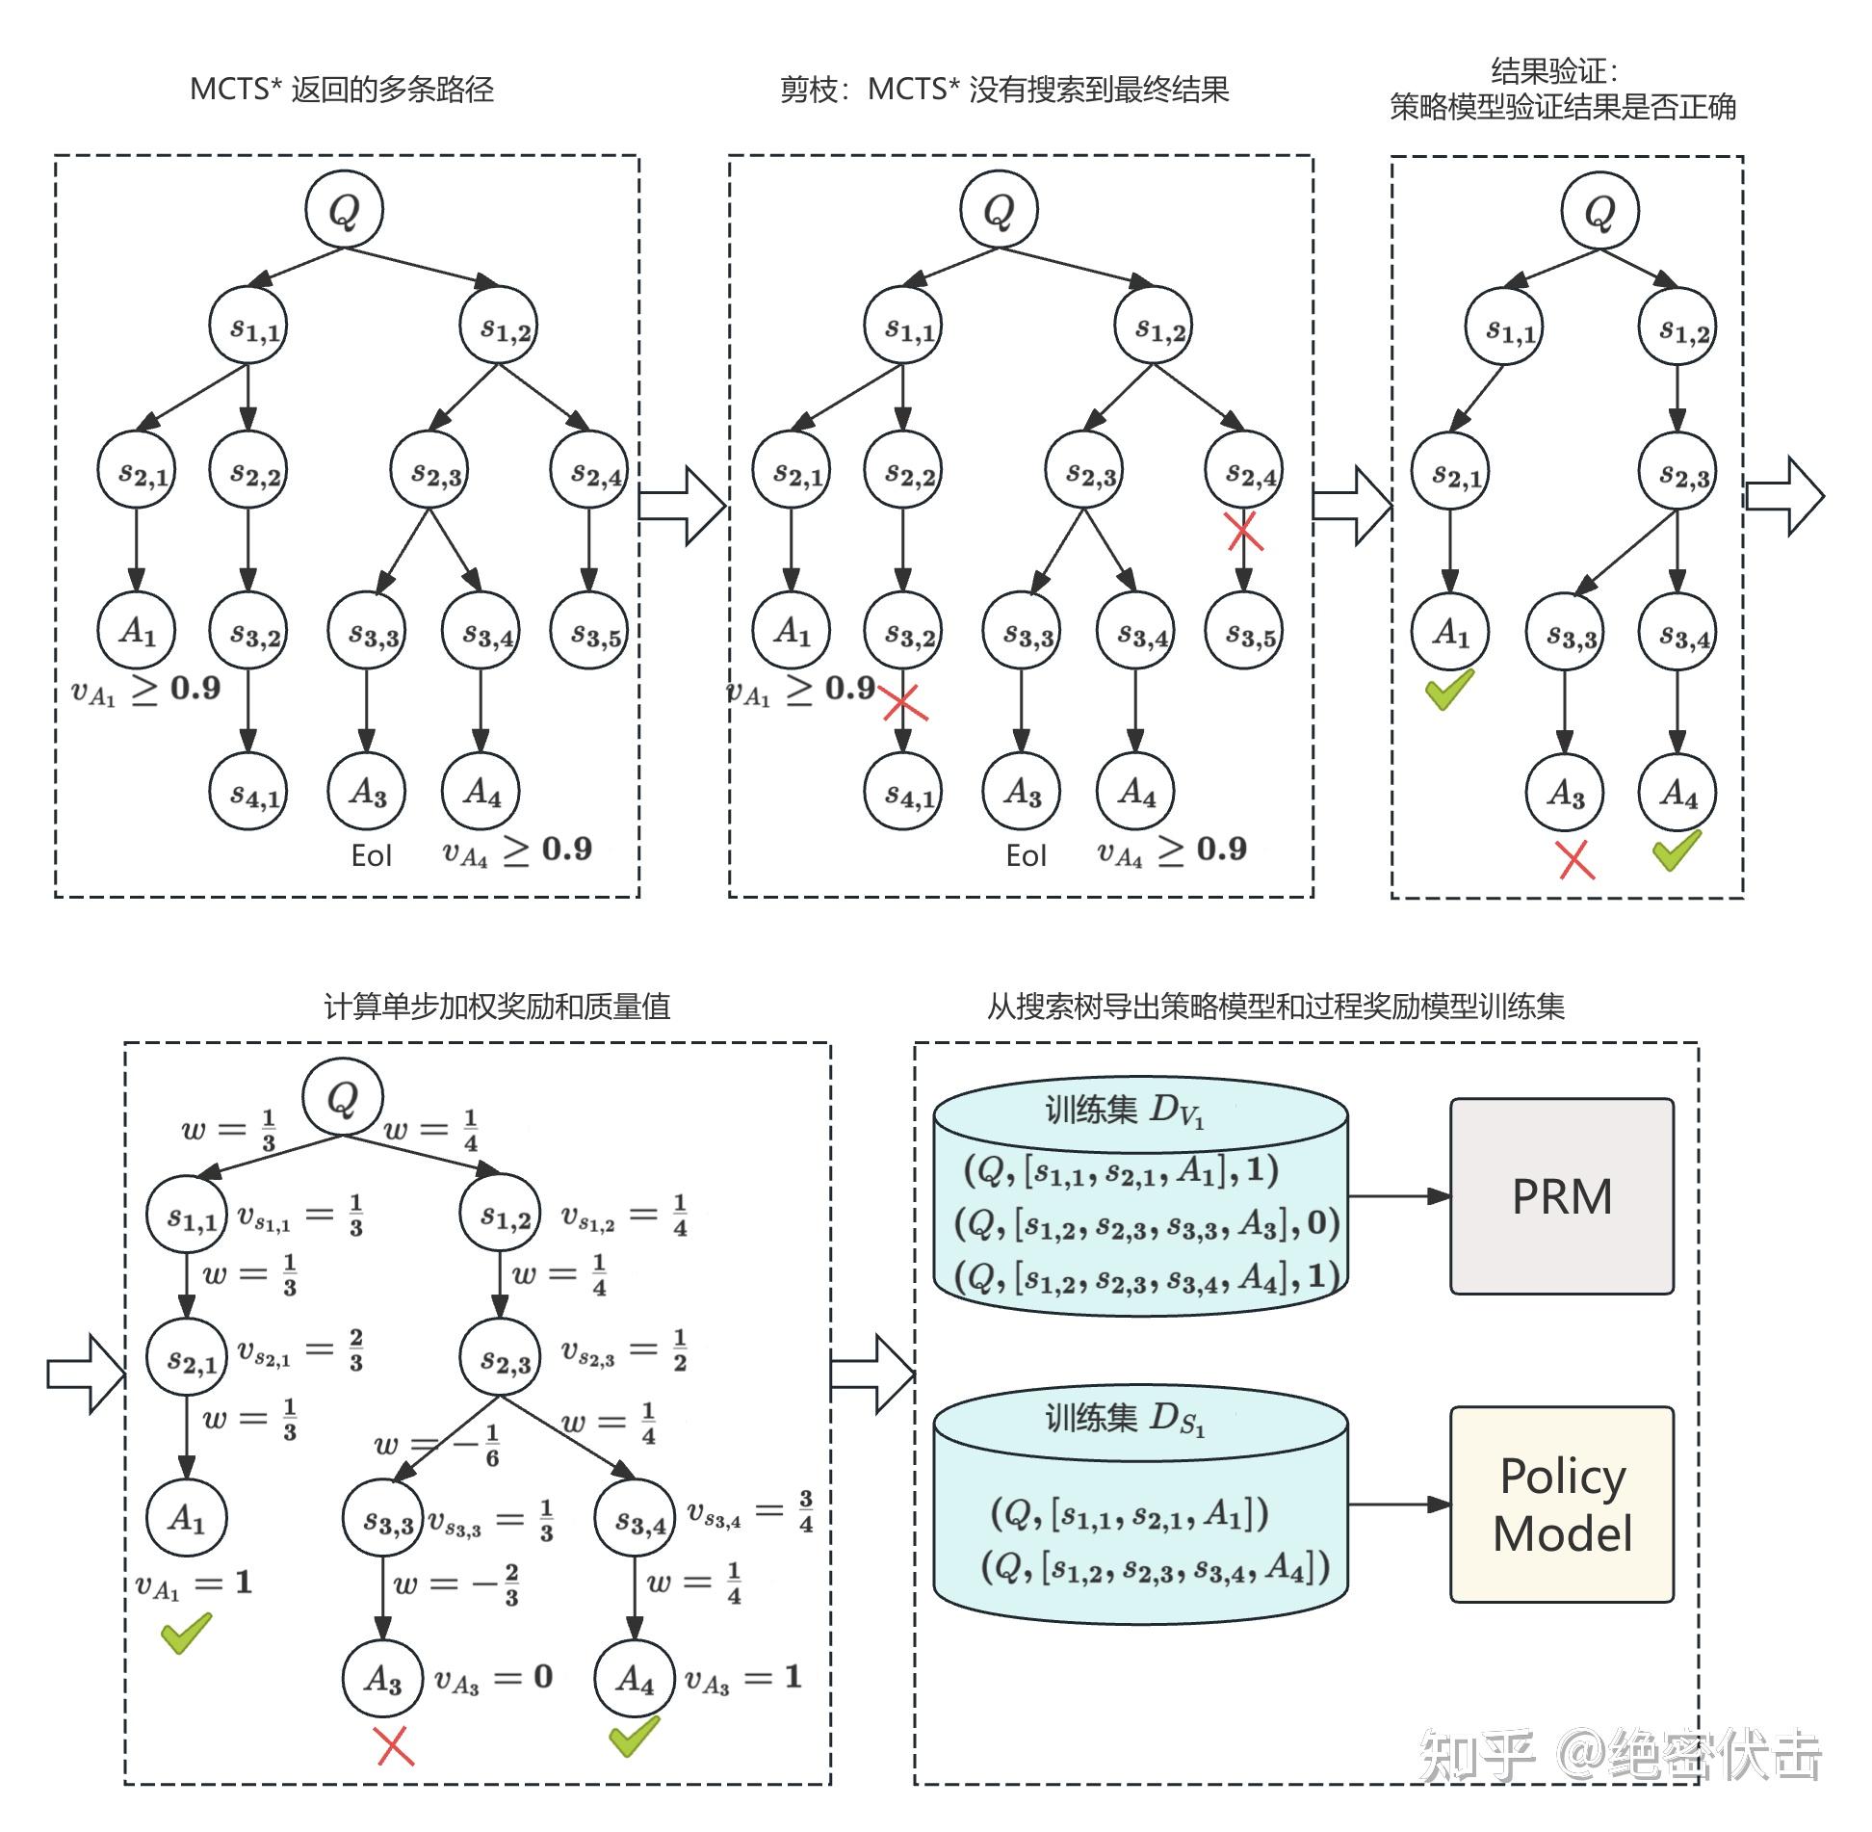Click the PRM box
[1561, 1196]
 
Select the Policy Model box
[1561, 1504]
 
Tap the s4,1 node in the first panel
[248, 794]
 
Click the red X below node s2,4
[1243, 531]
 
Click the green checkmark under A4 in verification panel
[1677, 851]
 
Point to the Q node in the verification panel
[1599, 210]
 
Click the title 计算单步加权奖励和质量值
[497, 1007]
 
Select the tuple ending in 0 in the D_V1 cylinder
[1146, 1224]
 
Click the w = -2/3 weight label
[456, 1584]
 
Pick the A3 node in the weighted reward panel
[382, 1679]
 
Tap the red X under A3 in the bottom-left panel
[394, 1745]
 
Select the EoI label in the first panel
[371, 855]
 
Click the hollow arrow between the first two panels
[681, 505]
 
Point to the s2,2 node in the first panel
[248, 471]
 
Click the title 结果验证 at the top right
[1555, 69]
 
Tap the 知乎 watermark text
[1477, 1755]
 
